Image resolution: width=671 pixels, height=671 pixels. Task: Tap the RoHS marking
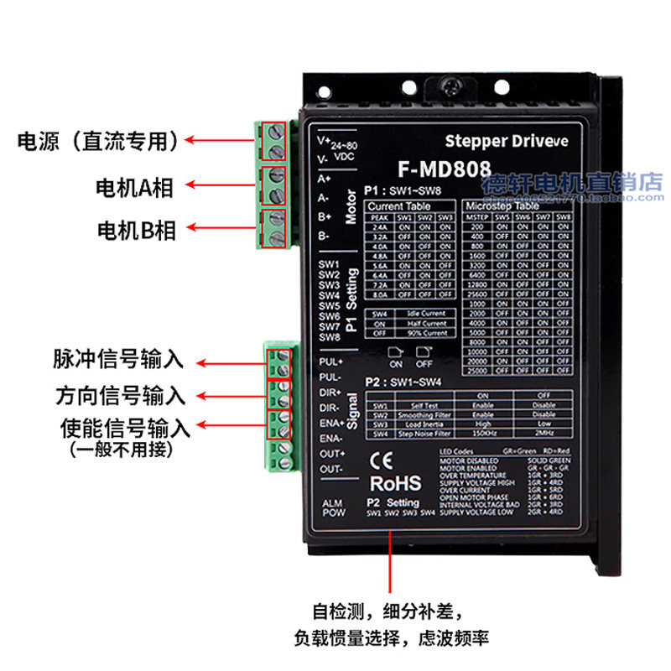pos(395,484)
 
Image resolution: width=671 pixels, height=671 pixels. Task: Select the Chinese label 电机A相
pos(135,187)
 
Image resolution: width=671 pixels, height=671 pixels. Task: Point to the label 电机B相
pos(136,229)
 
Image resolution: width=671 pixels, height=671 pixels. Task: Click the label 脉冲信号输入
pos(117,361)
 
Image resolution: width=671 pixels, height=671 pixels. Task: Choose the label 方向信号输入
pos(117,395)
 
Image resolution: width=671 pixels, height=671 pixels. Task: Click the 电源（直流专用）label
pos(99,141)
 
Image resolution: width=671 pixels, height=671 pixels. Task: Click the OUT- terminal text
pos(332,469)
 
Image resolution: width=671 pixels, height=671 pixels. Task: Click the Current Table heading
pos(398,205)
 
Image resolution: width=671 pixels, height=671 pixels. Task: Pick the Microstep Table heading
pos(501,205)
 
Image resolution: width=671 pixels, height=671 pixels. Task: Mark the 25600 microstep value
pos(476,294)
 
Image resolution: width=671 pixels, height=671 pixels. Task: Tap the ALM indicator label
pos(333,502)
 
